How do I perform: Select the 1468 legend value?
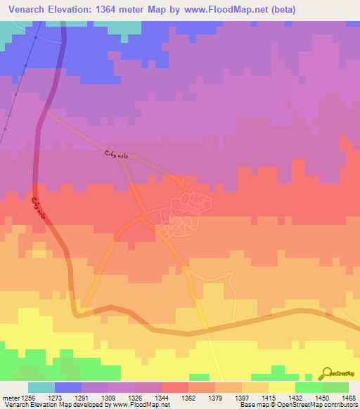pyautogui.click(x=341, y=397)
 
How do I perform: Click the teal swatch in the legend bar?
pyautogui.click(x=41, y=387)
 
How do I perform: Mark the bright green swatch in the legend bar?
pyautogui.click(x=308, y=387)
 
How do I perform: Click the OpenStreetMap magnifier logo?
pyautogui.click(x=326, y=373)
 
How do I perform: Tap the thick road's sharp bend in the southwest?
pyautogui.click(x=79, y=312)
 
